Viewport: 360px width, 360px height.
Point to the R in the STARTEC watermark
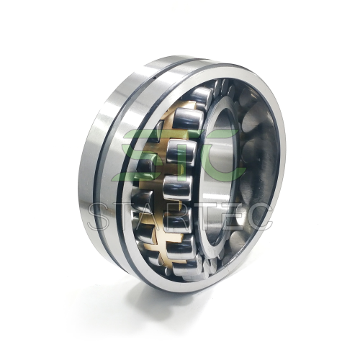[x=178, y=217]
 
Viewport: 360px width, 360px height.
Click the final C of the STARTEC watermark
[x=257, y=217]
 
